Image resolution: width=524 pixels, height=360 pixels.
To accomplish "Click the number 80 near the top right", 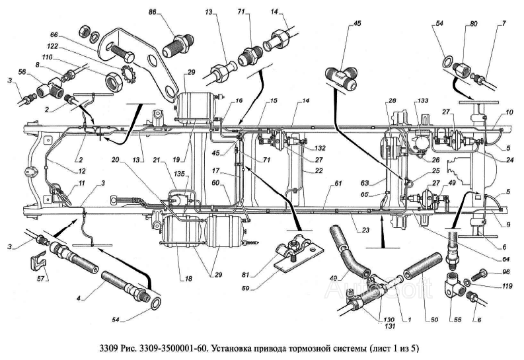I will [472, 24].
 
